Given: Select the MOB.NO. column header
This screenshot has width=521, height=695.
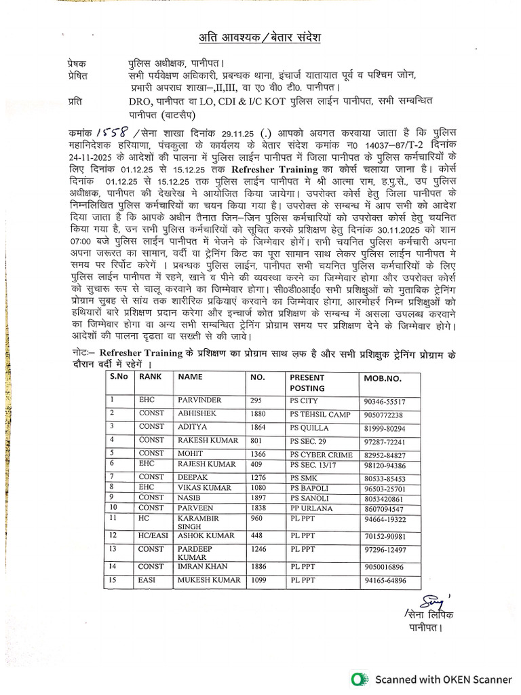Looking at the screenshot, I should pyautogui.click(x=383, y=377).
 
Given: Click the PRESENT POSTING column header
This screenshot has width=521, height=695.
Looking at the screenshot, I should pyautogui.click(x=307, y=382).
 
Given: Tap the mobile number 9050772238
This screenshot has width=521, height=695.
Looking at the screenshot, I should pyautogui.click(x=383, y=415).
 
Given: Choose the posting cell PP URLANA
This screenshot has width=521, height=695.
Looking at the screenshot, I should pyautogui.click(x=311, y=507).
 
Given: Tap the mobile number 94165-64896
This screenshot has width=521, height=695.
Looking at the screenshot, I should pyautogui.click(x=385, y=581).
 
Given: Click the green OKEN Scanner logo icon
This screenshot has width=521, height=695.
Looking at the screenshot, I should pyautogui.click(x=360, y=679).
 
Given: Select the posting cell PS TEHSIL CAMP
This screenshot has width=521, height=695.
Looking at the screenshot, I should pyautogui.click(x=320, y=415).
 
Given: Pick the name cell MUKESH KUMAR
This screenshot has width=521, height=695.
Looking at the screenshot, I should pyautogui.click(x=208, y=581).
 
